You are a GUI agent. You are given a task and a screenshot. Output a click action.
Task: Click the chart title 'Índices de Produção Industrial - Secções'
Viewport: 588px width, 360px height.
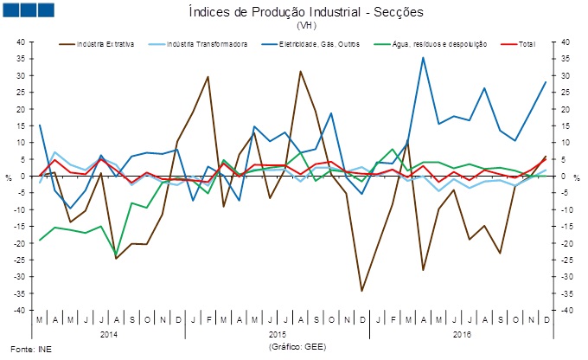click(294, 11)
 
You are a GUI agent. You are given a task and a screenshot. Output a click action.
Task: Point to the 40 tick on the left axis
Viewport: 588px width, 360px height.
click(25, 42)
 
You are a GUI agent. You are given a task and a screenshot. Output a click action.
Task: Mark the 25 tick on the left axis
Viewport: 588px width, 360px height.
click(25, 93)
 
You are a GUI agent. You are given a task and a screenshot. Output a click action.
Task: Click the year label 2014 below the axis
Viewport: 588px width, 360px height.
click(109, 333)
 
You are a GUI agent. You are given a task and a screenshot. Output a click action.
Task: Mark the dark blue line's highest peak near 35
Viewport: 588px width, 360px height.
click(423, 58)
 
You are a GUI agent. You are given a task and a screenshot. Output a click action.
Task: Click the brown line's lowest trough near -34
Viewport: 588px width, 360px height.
click(361, 291)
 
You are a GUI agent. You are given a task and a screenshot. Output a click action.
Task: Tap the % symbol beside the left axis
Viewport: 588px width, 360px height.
click(9, 177)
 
